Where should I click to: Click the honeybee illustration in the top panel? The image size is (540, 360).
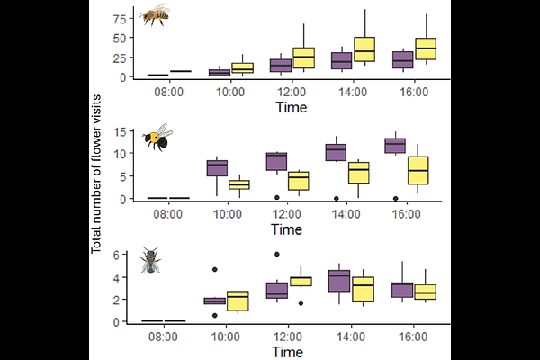[x=155, y=14]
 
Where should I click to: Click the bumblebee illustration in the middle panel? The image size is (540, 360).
[x=157, y=138]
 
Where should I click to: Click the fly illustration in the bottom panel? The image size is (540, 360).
[x=150, y=260]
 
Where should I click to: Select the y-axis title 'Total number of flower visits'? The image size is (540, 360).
[x=96, y=174]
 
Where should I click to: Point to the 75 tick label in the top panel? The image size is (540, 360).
[x=120, y=19]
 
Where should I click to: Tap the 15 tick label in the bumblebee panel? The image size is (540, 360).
[x=120, y=132]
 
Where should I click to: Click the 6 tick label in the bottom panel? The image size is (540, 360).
[x=116, y=255]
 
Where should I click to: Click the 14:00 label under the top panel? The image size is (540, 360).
[x=353, y=92]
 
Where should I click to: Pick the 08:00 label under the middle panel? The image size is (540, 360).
[x=167, y=214]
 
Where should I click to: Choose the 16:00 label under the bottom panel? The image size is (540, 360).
[x=413, y=337]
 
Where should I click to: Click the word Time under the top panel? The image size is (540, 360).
[x=292, y=107]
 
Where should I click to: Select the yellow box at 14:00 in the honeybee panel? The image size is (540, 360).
[x=364, y=49]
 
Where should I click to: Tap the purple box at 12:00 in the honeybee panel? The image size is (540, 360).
[x=281, y=66]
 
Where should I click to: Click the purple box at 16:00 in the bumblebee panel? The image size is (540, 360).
[x=395, y=146]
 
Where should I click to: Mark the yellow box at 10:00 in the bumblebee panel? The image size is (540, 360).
[x=239, y=184]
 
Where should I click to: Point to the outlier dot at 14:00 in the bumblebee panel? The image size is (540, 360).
[x=337, y=198]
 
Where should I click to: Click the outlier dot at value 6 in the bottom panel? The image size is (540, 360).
[x=277, y=254]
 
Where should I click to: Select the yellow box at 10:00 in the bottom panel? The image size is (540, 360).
[x=238, y=301]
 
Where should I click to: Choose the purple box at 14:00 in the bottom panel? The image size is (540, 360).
[x=339, y=281]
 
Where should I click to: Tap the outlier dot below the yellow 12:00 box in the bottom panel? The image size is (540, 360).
[x=301, y=303]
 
